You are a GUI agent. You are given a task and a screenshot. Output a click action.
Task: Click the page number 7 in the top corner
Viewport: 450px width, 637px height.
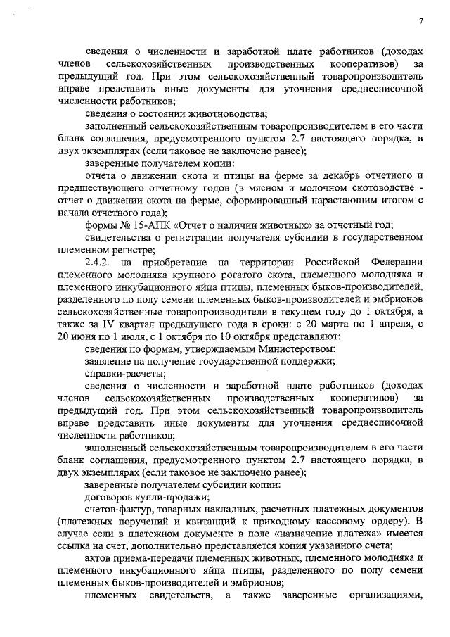420,21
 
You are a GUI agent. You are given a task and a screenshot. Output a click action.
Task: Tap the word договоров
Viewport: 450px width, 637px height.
113,497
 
